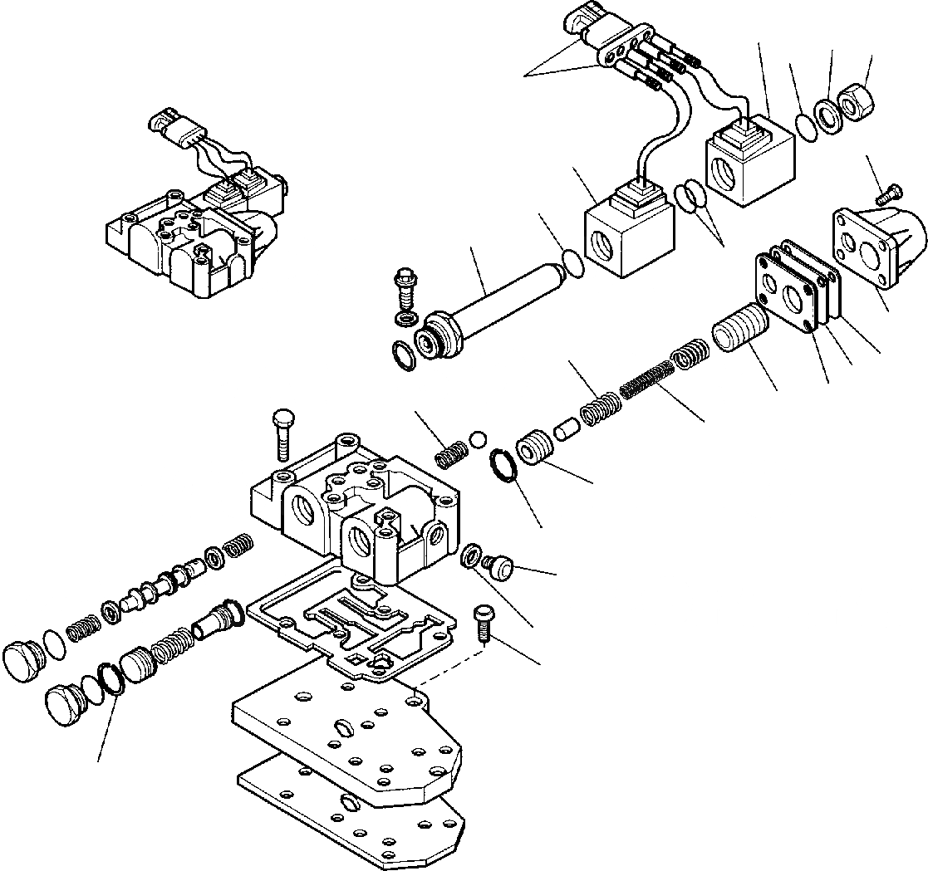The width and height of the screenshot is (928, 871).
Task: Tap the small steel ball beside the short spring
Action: pos(479,438)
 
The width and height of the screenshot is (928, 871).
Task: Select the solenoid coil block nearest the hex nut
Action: pos(749,162)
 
